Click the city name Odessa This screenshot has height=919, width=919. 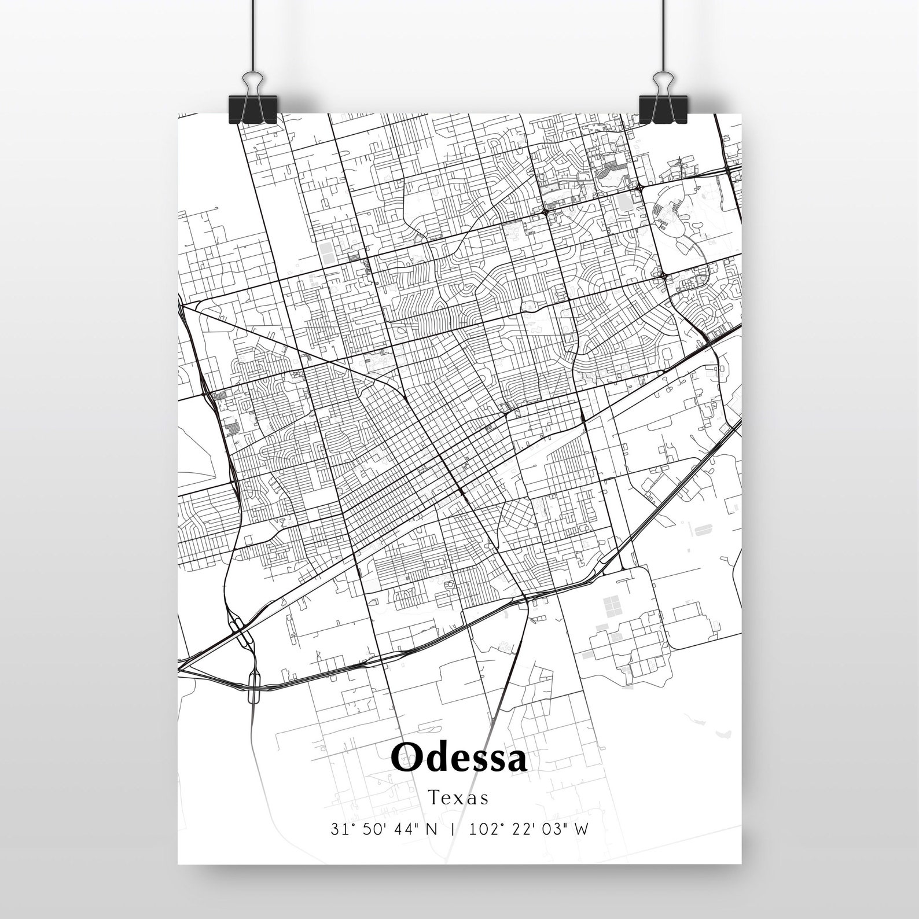point(459,757)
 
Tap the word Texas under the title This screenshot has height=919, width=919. point(459,798)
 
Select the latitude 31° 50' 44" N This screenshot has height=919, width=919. point(384,829)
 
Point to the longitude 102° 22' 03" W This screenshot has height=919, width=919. point(530,829)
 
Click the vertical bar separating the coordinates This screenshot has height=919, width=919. point(453,829)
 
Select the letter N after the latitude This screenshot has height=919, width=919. point(432,829)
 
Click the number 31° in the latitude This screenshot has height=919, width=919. point(340,829)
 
